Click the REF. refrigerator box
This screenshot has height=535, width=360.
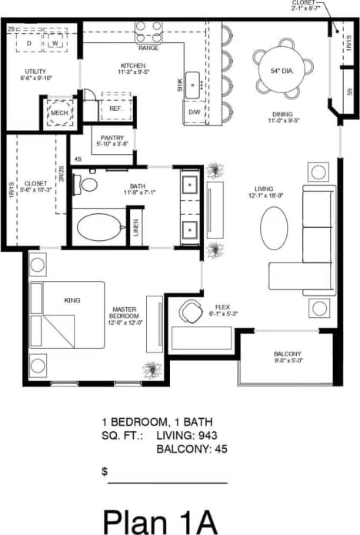[x=116, y=109]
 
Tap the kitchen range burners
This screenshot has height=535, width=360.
[x=148, y=31]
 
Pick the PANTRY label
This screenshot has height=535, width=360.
[x=112, y=138]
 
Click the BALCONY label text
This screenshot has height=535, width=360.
[x=288, y=355]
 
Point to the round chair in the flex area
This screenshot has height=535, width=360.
[x=191, y=312]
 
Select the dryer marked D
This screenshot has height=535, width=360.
[x=30, y=43]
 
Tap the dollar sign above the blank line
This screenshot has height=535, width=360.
[x=105, y=470]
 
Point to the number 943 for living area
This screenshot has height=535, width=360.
[x=208, y=436]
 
